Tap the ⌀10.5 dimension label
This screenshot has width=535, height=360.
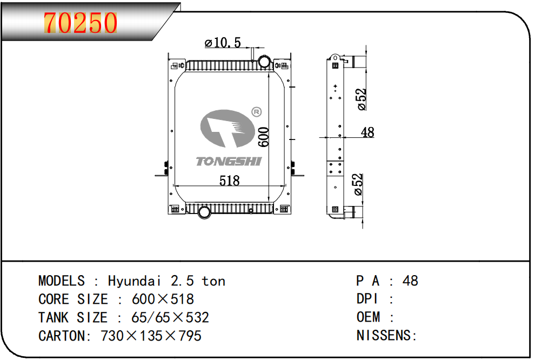222,43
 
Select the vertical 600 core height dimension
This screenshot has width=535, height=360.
263,137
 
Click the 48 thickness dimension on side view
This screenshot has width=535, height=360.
367,132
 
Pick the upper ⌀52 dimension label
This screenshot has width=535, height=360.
362,99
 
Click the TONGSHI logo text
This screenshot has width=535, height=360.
229,161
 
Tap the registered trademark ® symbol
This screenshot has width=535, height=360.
257,112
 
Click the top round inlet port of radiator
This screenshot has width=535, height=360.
264,62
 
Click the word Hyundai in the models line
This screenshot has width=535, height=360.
135,281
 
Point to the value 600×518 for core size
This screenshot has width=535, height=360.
163,299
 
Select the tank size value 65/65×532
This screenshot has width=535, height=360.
170,317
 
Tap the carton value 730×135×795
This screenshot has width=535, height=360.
151,336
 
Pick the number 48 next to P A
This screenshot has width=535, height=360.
411,281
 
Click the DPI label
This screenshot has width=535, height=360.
367,299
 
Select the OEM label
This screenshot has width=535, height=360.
369,317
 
